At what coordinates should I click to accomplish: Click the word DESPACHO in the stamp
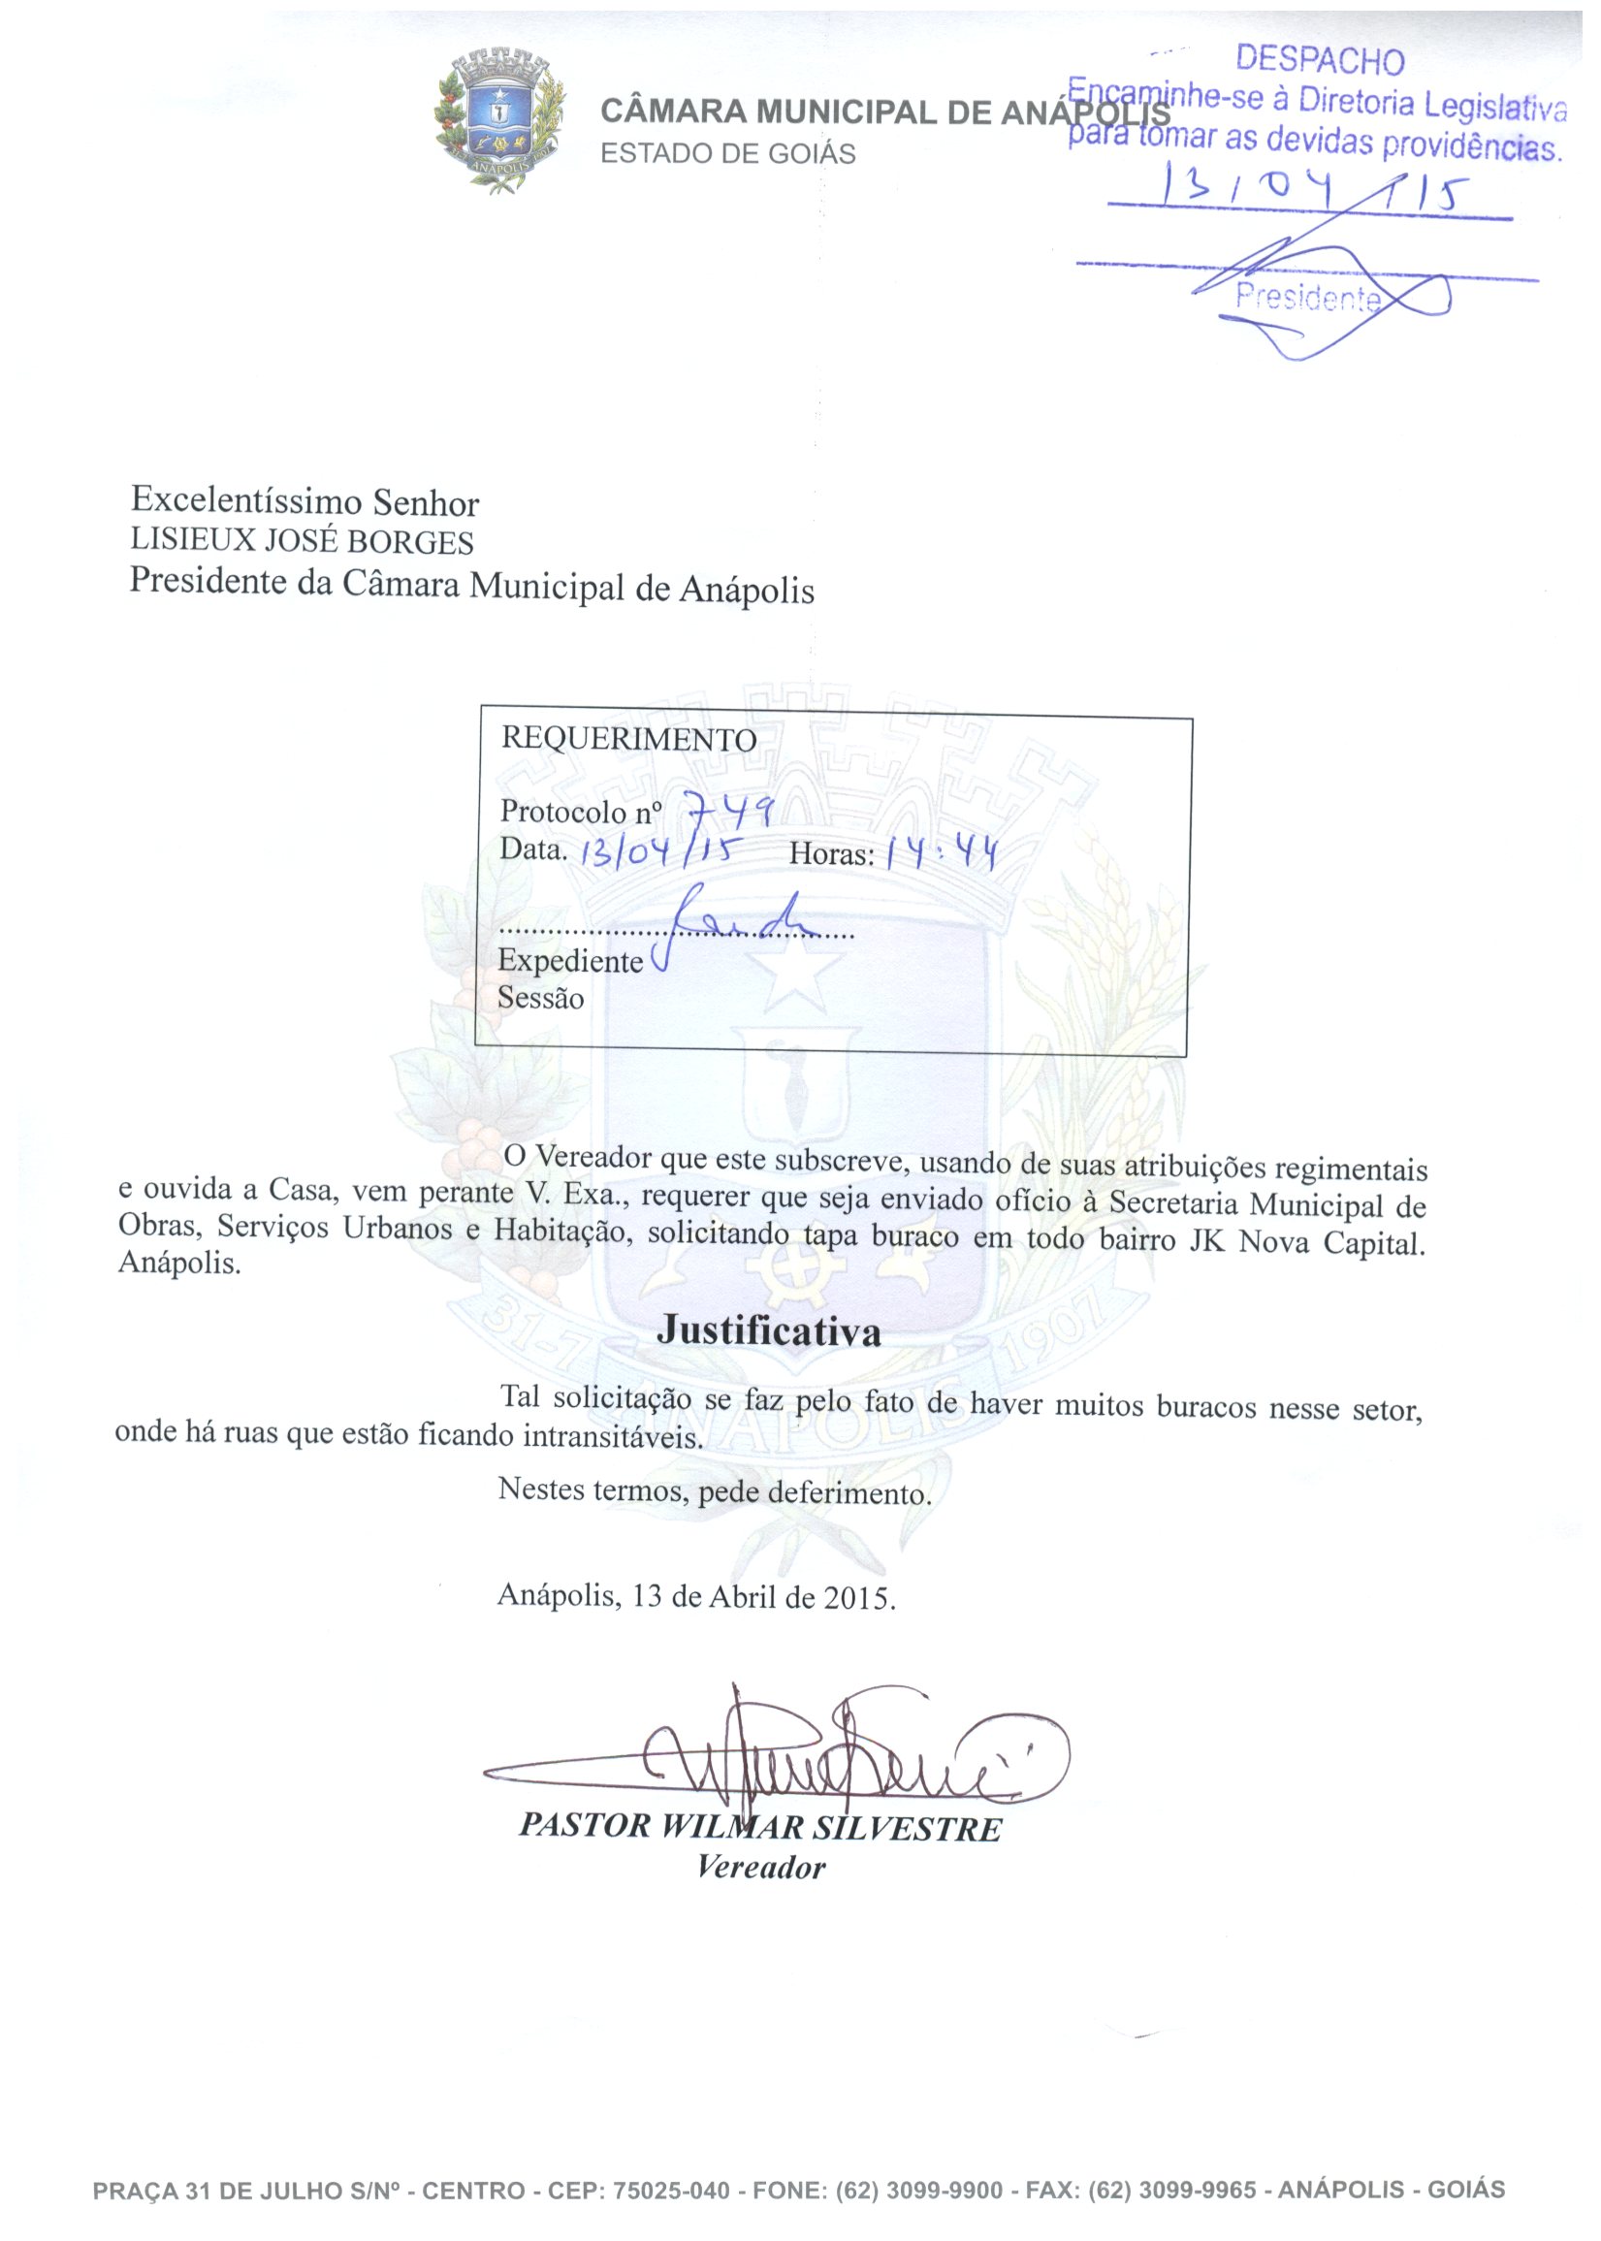click(x=1319, y=60)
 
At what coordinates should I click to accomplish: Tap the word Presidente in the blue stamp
click(x=1308, y=296)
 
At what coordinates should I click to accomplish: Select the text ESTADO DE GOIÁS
click(x=727, y=154)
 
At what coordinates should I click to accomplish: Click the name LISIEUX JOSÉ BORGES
click(x=302, y=542)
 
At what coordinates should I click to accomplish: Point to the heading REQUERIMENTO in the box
click(x=628, y=740)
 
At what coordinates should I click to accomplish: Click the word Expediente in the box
click(x=570, y=961)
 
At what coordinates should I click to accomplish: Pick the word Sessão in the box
click(x=540, y=998)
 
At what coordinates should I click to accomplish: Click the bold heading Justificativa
click(x=769, y=1330)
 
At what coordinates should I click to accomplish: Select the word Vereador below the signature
click(x=760, y=1867)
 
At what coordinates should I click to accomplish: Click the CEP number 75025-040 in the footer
click(x=670, y=2191)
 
